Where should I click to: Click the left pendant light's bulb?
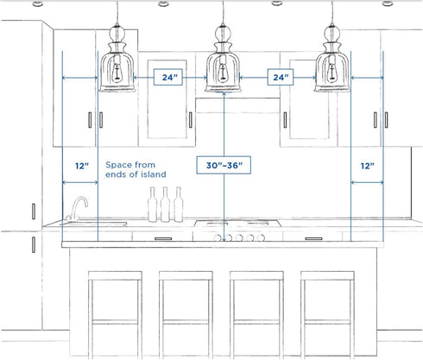point(117,73)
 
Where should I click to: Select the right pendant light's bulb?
point(331,73)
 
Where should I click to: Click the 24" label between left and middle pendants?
point(168,77)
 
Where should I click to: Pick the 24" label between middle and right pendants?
point(281,77)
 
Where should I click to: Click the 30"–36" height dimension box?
point(224,165)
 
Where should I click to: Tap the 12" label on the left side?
point(82,166)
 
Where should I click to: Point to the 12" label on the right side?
point(368,166)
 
